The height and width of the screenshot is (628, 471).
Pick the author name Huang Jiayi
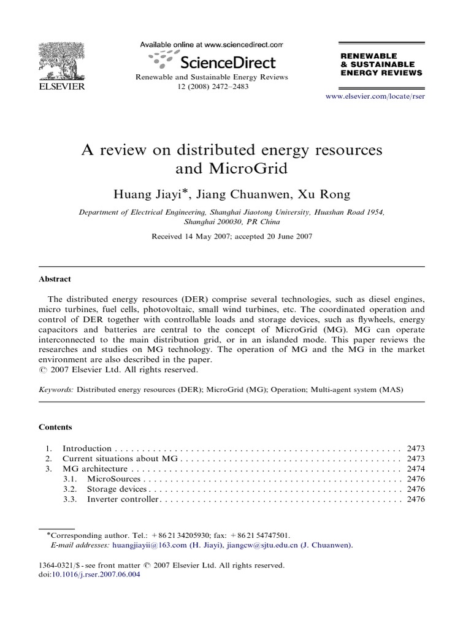149,194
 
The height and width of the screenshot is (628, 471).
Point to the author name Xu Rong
322,194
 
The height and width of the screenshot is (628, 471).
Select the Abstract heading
55,278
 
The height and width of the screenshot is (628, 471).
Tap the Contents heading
56,427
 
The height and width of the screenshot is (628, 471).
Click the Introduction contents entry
87,448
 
